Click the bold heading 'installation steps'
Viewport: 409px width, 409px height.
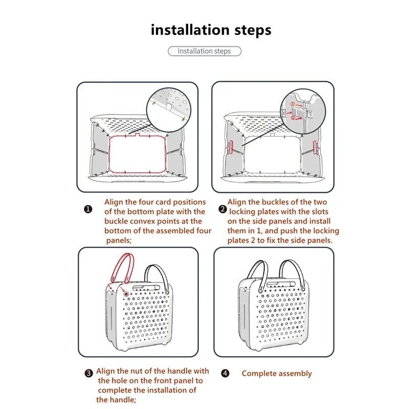click(x=211, y=30)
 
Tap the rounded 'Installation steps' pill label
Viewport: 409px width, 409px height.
click(x=204, y=51)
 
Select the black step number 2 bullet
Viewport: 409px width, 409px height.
click(x=222, y=209)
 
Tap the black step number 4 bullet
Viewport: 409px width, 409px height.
click(x=225, y=373)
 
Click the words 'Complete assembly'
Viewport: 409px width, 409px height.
click(x=277, y=374)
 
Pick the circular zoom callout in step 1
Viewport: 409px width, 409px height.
click(x=168, y=106)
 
